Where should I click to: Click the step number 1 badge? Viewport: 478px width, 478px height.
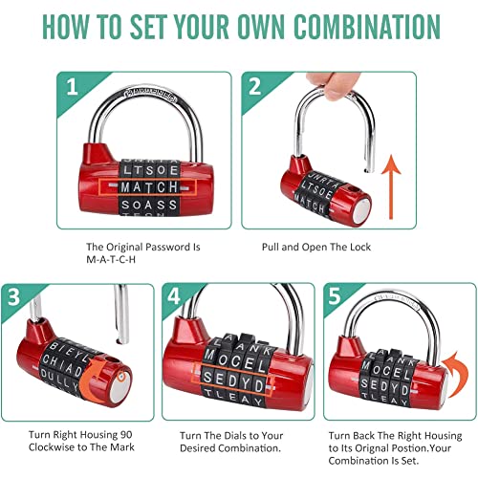click(x=74, y=88)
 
